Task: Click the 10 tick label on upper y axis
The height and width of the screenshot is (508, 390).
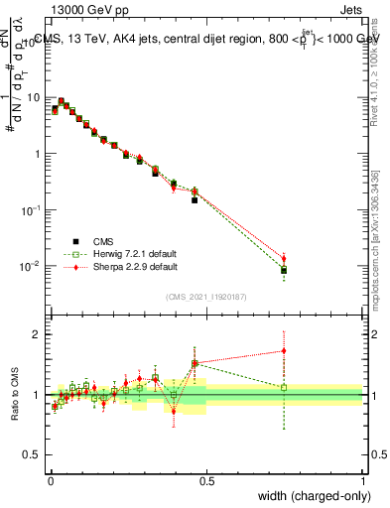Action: click(x=35, y=97)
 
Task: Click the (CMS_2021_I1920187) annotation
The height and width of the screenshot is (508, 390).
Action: click(x=206, y=296)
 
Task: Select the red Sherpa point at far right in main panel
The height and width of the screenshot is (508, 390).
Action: click(x=284, y=259)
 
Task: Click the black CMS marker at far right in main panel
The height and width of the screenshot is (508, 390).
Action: click(x=284, y=270)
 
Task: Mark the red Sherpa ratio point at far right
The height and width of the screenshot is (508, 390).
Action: click(x=284, y=350)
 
